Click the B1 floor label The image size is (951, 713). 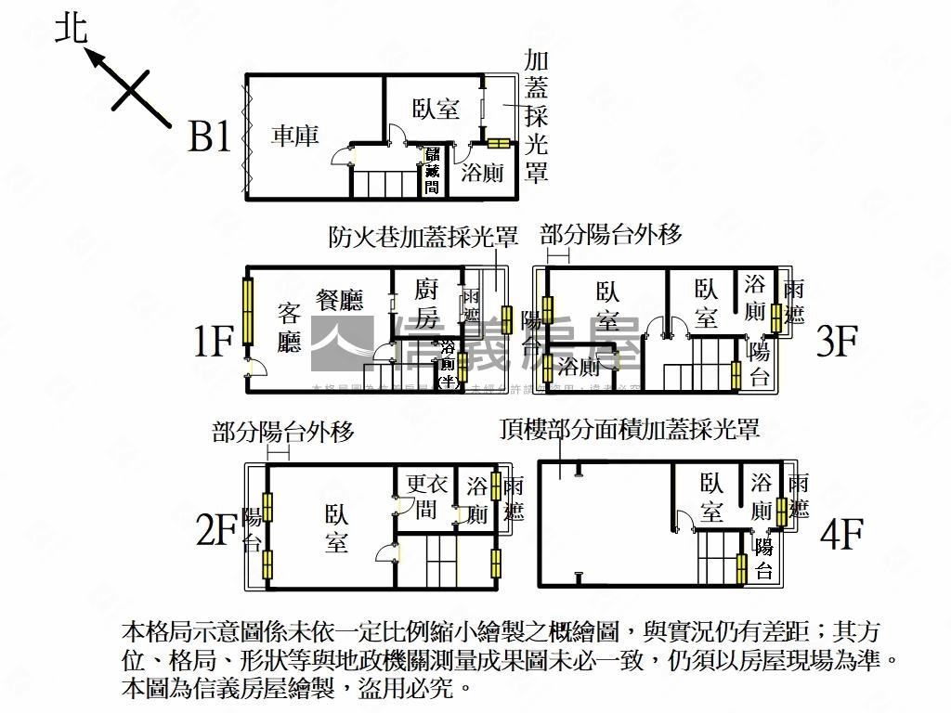point(209,137)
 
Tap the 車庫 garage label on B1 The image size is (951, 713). point(294,136)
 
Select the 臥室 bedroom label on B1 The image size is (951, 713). point(436,109)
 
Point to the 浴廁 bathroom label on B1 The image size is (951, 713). point(483,172)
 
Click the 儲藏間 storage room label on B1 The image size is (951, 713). point(432,170)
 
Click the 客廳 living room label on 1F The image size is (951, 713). point(290,328)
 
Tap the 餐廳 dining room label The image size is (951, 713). point(339,299)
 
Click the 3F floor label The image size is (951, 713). point(836,342)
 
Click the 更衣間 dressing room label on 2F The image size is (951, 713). point(426,496)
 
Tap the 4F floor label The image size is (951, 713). point(840,535)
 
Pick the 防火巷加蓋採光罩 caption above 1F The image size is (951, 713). point(423,237)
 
